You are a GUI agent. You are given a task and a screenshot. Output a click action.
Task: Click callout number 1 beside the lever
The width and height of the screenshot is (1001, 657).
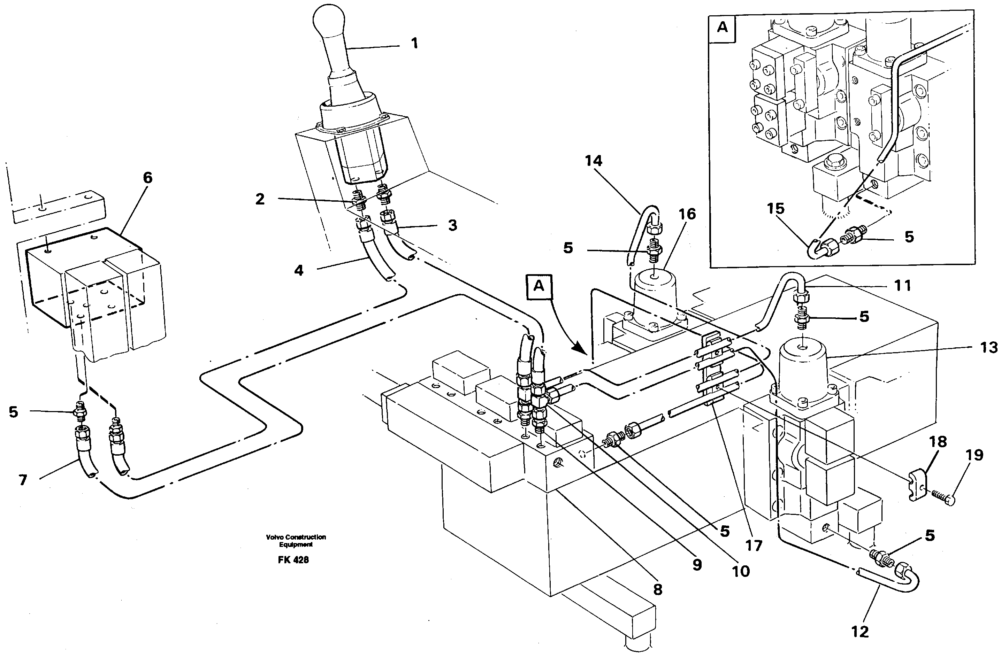pyautogui.click(x=414, y=43)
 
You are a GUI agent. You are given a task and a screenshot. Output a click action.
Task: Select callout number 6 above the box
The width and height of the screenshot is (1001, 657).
pyautogui.click(x=148, y=177)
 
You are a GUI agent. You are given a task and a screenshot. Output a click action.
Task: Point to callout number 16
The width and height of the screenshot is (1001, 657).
pyautogui.click(x=687, y=214)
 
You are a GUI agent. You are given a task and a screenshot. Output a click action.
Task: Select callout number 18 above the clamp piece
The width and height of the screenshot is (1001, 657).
pyautogui.click(x=938, y=442)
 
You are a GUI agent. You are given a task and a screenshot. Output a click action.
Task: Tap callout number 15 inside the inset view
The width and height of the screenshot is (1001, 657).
pyautogui.click(x=775, y=209)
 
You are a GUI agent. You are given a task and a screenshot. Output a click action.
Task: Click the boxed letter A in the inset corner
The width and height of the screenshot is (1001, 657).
pyautogui.click(x=722, y=28)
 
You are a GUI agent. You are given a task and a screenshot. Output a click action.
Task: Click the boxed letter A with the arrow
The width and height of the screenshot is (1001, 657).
pyautogui.click(x=539, y=287)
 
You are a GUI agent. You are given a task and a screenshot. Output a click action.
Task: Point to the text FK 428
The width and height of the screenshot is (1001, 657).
pyautogui.click(x=293, y=560)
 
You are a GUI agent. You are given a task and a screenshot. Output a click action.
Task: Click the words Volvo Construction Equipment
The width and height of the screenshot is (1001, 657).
pyautogui.click(x=296, y=541)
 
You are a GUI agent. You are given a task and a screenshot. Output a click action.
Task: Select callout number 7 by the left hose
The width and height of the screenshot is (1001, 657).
pyautogui.click(x=23, y=480)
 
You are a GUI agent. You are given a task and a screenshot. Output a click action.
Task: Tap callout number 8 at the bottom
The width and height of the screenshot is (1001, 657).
pyautogui.click(x=657, y=590)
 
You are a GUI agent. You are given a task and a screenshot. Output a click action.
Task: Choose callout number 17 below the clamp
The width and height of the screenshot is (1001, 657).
pyautogui.click(x=754, y=546)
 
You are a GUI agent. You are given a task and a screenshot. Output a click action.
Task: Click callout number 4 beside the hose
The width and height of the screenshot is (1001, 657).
pyautogui.click(x=299, y=270)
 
